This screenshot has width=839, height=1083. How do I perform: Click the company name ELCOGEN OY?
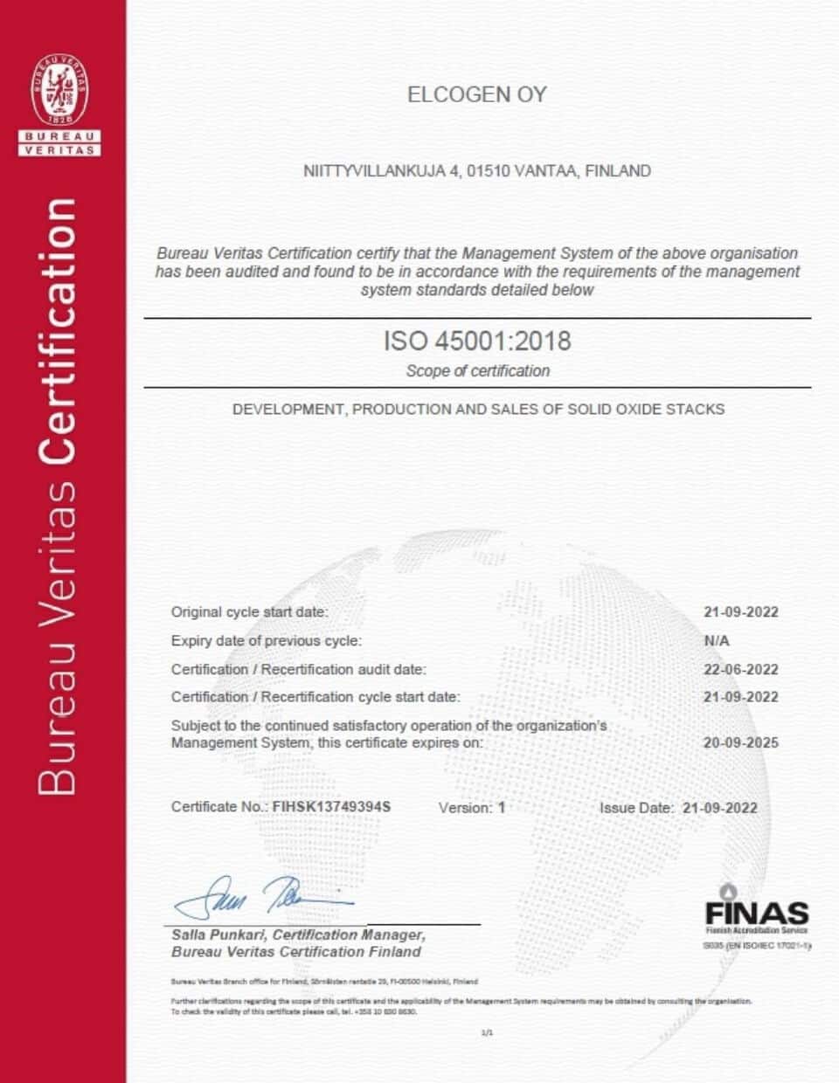click(x=477, y=95)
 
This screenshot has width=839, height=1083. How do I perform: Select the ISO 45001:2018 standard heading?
click(x=477, y=341)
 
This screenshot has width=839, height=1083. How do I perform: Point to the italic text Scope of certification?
click(x=477, y=371)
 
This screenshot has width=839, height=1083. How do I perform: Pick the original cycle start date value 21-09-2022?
click(x=740, y=612)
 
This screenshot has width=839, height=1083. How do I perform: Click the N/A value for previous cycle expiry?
click(x=717, y=641)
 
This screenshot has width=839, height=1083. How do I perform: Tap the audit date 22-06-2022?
click(x=740, y=670)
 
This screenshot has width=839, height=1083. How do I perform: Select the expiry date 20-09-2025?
click(x=740, y=743)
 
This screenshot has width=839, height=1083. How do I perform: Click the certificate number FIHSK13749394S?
click(x=331, y=807)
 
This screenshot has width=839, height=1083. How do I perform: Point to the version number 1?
click(x=502, y=808)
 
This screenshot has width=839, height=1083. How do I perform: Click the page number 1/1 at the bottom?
click(x=487, y=1033)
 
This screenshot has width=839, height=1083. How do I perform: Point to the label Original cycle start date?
click(x=249, y=612)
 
